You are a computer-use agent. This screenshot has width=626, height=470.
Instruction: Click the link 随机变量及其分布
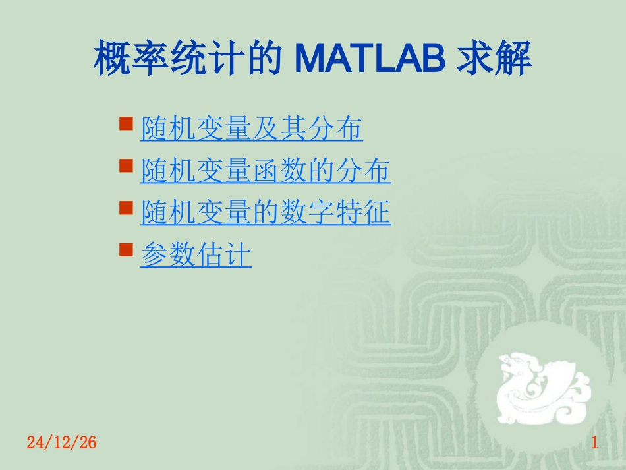pos(252,129)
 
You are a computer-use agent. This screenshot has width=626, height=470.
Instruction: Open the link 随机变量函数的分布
pos(266,171)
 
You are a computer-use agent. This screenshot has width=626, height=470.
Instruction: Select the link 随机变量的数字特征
pos(266,213)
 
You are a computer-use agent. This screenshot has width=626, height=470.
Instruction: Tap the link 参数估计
pos(196,255)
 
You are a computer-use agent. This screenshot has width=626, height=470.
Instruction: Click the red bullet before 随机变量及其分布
pos(126,123)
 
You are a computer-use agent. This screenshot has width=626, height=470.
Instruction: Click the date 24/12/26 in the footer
pos(62,443)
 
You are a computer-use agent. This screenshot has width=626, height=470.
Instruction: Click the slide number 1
pos(594,443)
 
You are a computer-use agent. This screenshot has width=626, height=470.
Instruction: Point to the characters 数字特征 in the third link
pos(335,213)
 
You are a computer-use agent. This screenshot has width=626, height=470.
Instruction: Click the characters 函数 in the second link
pos(279,171)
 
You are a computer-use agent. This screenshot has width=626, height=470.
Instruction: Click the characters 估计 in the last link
pos(224,255)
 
